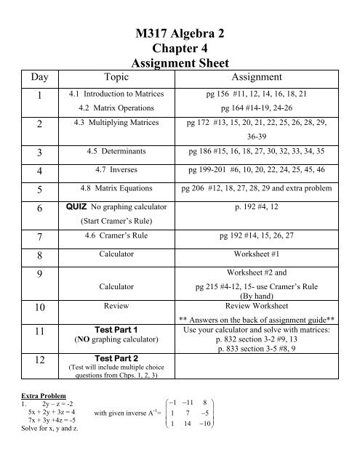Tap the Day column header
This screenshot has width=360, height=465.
point(31,77)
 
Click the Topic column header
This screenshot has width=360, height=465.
point(117,77)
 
